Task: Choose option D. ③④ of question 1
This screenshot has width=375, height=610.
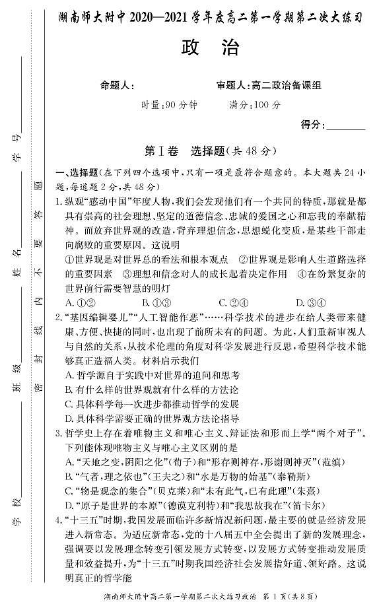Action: point(309,302)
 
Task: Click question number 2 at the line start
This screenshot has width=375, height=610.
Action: point(59,318)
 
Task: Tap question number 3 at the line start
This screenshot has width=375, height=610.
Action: point(59,432)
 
